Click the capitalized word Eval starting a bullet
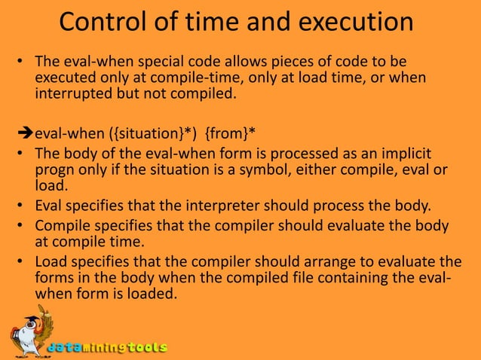tap(49, 202)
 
